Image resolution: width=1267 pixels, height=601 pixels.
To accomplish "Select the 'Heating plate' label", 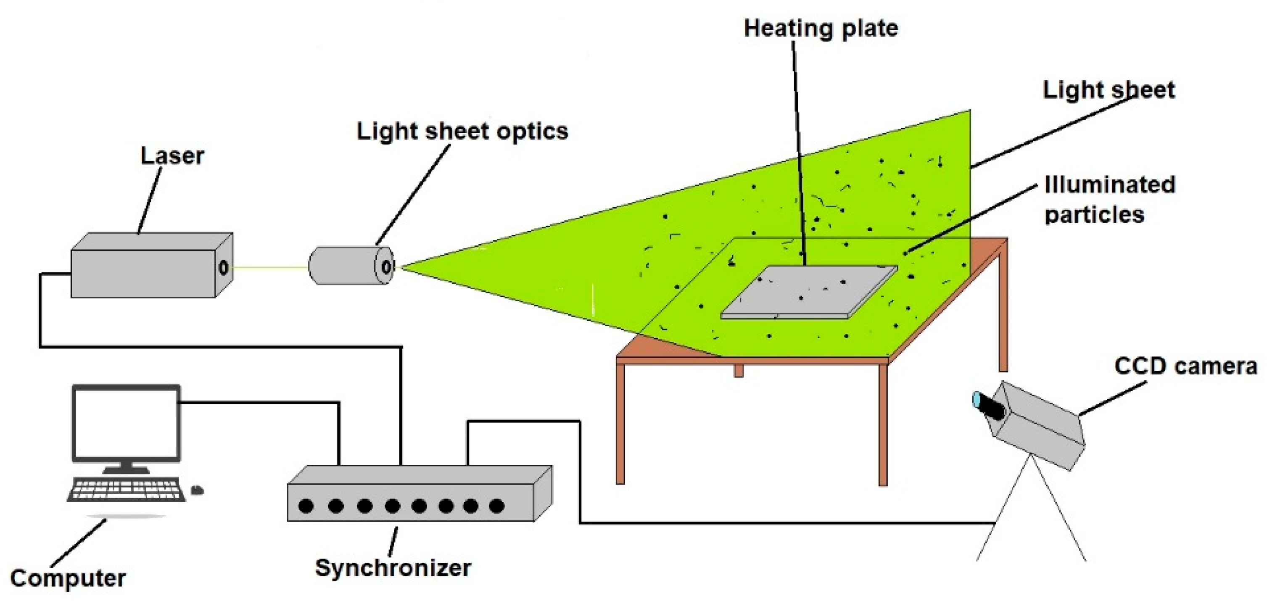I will pyautogui.click(x=821, y=28).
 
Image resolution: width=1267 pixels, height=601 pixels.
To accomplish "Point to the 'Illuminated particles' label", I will pyautogui.click(x=1109, y=199).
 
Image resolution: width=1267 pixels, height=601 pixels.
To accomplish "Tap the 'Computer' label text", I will pyautogui.click(x=67, y=578).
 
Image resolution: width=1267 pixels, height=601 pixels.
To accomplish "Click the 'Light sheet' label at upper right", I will pyautogui.click(x=1109, y=90).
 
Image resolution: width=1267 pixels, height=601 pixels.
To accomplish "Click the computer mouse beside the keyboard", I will pyautogui.click(x=197, y=490).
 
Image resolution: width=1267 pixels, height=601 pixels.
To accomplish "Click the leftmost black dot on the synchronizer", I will pyautogui.click(x=306, y=506).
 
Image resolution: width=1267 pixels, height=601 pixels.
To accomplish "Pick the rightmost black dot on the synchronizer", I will pyautogui.click(x=497, y=506).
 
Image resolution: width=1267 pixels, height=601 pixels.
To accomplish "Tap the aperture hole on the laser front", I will pyautogui.click(x=223, y=267).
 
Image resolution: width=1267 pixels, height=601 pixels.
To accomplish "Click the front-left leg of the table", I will pyautogui.click(x=620, y=423).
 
